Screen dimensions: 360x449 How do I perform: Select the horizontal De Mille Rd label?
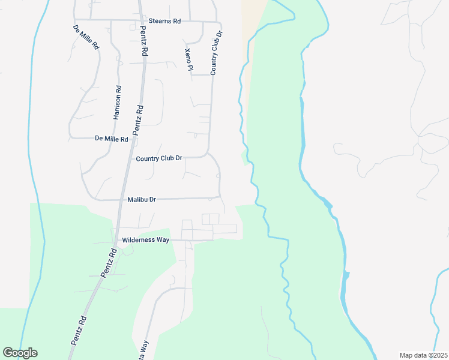click(112, 139)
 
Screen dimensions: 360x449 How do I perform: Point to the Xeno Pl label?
click(188, 60)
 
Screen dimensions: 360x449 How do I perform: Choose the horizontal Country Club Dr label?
click(159, 158)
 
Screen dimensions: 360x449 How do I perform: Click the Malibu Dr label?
click(142, 199)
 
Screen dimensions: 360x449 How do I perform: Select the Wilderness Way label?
click(146, 239)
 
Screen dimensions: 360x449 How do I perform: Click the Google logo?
click(20, 353)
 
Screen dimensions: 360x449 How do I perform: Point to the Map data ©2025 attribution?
click(423, 355)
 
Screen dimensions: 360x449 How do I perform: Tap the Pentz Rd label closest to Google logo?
click(79, 331)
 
